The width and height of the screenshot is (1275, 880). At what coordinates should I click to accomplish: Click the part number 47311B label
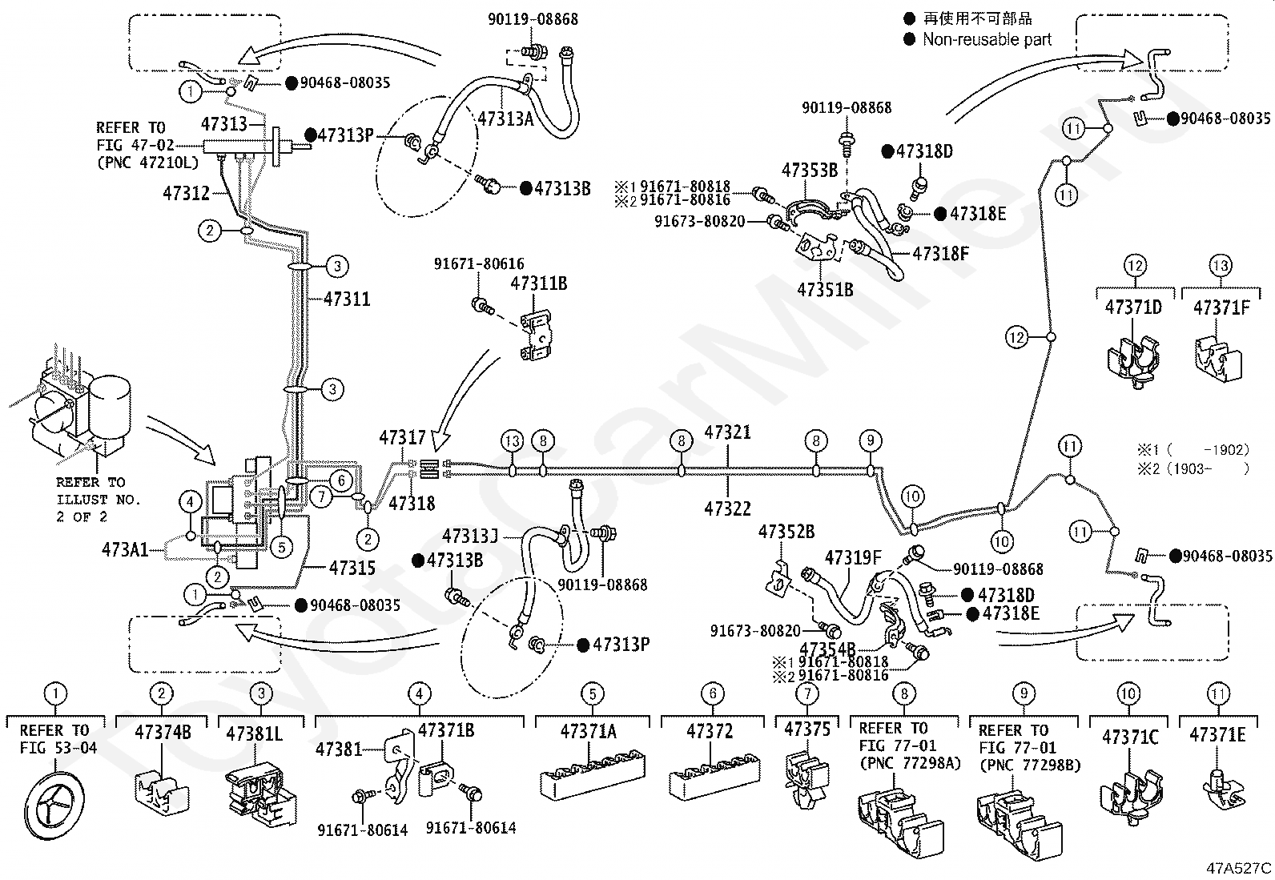click(x=538, y=283)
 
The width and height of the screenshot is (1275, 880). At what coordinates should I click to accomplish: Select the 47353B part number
click(x=810, y=170)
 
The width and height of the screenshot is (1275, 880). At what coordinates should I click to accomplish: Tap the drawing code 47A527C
click(x=1239, y=868)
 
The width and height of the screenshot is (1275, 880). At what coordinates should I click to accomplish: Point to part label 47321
click(x=727, y=432)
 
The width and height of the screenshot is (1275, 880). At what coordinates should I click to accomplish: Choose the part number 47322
click(x=727, y=508)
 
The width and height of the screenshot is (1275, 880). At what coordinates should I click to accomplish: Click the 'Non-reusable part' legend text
click(x=987, y=39)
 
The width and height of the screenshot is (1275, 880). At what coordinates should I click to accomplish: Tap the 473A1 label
click(x=125, y=550)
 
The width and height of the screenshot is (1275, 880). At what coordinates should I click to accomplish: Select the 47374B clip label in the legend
click(x=163, y=732)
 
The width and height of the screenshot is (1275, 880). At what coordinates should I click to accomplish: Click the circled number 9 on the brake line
click(x=871, y=440)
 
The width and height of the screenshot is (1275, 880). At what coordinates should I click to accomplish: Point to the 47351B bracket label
click(x=825, y=290)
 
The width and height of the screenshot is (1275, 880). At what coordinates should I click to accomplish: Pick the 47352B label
click(x=786, y=532)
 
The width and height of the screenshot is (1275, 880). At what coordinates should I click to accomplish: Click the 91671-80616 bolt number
click(x=479, y=263)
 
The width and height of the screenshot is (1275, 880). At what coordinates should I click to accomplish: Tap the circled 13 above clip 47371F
click(x=1221, y=265)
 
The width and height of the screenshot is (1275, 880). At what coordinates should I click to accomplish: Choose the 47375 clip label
click(x=807, y=729)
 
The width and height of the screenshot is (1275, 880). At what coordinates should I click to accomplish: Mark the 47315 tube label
click(x=352, y=568)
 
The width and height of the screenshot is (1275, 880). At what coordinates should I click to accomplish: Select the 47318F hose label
click(x=940, y=253)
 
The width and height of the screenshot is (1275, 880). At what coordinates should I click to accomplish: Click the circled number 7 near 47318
click(x=322, y=496)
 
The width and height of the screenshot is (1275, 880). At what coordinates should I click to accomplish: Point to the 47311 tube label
click(x=347, y=299)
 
